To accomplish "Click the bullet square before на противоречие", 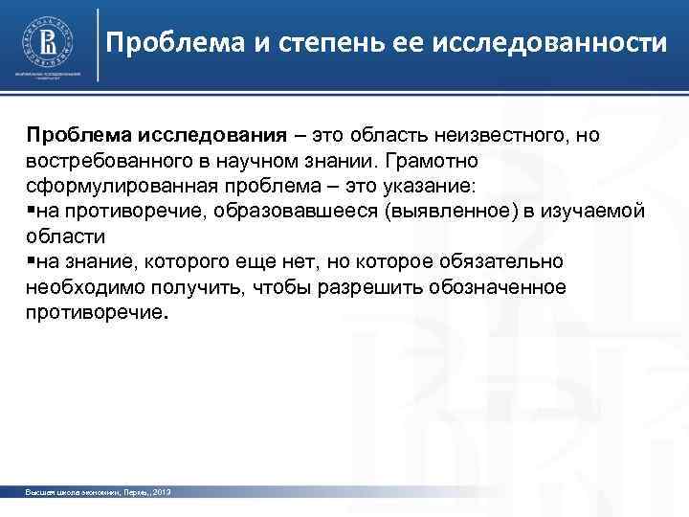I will [x=32, y=210].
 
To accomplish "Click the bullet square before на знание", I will [x=32, y=261].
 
